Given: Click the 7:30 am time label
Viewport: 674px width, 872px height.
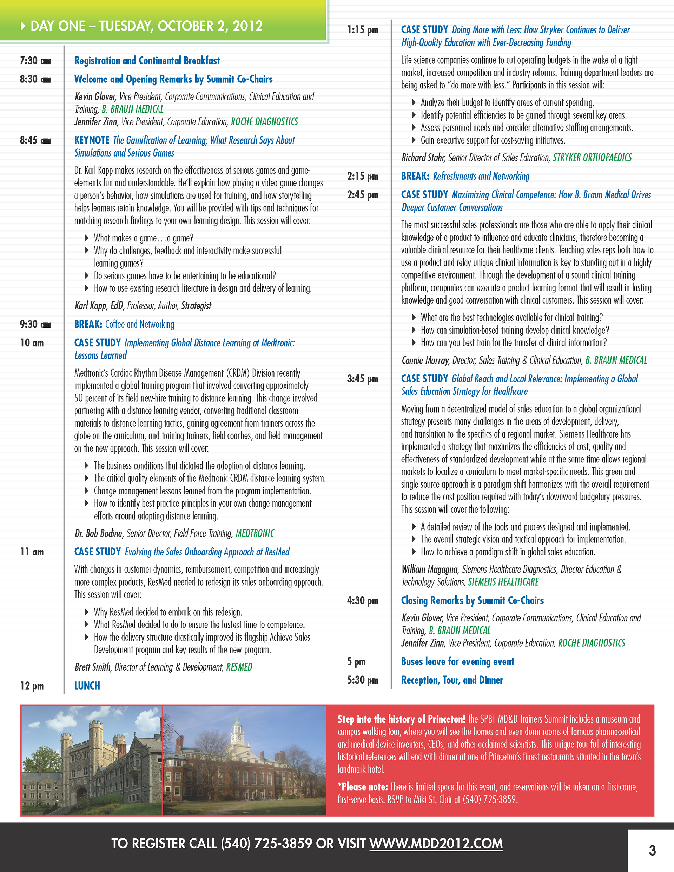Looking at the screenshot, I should pyautogui.click(x=35, y=61).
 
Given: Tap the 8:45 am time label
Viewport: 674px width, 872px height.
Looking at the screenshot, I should pyautogui.click(x=35, y=140).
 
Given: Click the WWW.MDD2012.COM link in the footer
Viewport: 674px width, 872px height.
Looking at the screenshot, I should pyautogui.click(x=436, y=843).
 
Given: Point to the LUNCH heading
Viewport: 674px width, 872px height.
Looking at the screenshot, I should pyautogui.click(x=87, y=686).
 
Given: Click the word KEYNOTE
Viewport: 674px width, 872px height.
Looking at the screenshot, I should pyautogui.click(x=92, y=140).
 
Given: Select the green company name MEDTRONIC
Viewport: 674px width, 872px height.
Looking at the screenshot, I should pyautogui.click(x=255, y=533).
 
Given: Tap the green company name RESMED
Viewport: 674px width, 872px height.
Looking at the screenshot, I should pyautogui.click(x=239, y=667).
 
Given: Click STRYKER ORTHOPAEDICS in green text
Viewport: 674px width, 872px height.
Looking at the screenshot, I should pyautogui.click(x=592, y=158).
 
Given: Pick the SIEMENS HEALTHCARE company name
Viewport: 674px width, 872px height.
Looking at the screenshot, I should pyautogui.click(x=503, y=582).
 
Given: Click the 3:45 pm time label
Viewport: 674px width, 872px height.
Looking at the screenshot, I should pyautogui.click(x=362, y=379).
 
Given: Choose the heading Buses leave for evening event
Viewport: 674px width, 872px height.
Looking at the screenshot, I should pyautogui.click(x=457, y=661).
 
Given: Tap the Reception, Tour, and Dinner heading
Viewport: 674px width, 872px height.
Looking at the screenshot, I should pyautogui.click(x=452, y=680).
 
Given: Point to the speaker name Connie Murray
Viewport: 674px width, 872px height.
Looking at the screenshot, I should pyautogui.click(x=425, y=360).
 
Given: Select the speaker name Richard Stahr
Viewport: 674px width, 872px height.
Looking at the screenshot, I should pyautogui.click(x=423, y=158).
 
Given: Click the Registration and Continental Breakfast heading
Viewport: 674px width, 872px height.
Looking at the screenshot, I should pyautogui.click(x=147, y=61).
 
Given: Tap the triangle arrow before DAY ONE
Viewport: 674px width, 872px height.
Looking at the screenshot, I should pyautogui.click(x=23, y=26).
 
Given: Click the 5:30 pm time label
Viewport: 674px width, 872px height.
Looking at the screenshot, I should pyautogui.click(x=362, y=680).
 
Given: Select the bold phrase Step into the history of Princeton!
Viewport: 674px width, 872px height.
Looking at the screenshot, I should pyautogui.click(x=401, y=719).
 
